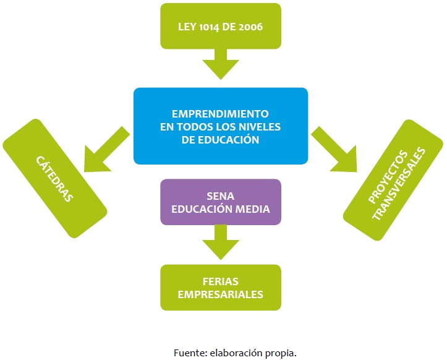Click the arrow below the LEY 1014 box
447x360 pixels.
tap(220, 64)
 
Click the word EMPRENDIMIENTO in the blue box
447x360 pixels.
tap(220, 114)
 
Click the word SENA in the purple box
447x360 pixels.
tap(220, 196)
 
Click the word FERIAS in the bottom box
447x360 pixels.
tap(220, 281)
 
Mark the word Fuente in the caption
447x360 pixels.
tap(188, 353)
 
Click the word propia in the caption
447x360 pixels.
tap(281, 353)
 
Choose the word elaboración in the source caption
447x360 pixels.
tap(237, 353)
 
